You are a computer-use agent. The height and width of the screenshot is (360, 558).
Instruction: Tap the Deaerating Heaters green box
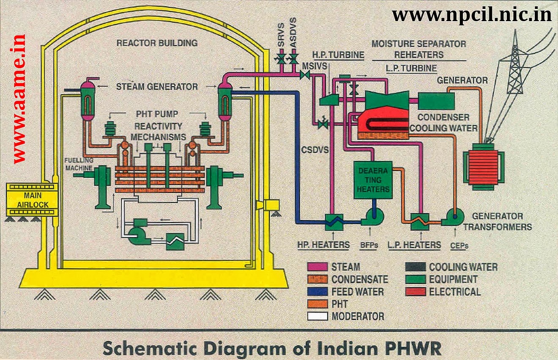pyautogui.click(x=372, y=180)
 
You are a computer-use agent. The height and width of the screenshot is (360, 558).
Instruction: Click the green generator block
pyautogui.click(x=437, y=100)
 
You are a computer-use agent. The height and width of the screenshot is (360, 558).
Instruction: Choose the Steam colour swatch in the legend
pyautogui.click(x=317, y=267)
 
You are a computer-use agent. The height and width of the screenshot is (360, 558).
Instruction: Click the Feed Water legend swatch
pyautogui.click(x=317, y=291)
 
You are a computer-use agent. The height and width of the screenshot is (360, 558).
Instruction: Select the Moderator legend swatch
pyautogui.click(x=317, y=316)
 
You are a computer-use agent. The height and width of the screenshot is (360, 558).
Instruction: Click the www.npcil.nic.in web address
pyautogui.click(x=472, y=15)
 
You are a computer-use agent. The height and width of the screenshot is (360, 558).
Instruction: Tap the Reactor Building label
pyautogui.click(x=157, y=43)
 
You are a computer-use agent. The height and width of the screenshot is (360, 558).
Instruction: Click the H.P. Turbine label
pyautogui.click(x=338, y=55)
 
